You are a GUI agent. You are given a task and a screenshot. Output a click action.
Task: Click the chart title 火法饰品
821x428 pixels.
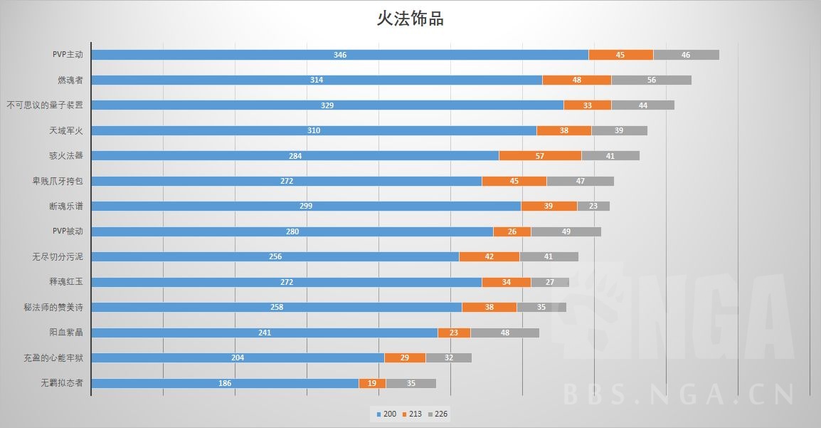[x=410, y=19]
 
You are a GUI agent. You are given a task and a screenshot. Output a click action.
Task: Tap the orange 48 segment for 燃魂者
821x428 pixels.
[x=576, y=80]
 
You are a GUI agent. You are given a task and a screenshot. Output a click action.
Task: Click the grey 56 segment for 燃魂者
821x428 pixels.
[x=651, y=80]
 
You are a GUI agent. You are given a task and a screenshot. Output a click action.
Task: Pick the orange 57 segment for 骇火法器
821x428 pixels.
[x=540, y=155]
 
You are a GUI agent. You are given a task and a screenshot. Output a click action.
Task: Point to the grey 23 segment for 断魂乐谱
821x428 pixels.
[x=593, y=206]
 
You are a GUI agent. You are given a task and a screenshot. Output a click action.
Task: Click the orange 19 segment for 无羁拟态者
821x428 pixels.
[x=372, y=383]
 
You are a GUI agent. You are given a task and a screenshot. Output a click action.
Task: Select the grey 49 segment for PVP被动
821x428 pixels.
[x=566, y=231]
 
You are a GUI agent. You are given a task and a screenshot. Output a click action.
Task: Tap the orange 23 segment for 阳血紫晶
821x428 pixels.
[x=454, y=333]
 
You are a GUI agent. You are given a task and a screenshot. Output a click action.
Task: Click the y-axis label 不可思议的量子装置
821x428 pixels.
[x=45, y=105]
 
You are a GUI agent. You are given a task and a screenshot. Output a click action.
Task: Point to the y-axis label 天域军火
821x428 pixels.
[x=66, y=130]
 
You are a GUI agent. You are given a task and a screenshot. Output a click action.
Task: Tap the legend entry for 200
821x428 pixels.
[x=385, y=414]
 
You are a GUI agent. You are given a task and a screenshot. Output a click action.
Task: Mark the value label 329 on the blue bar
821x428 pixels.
[x=327, y=105]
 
